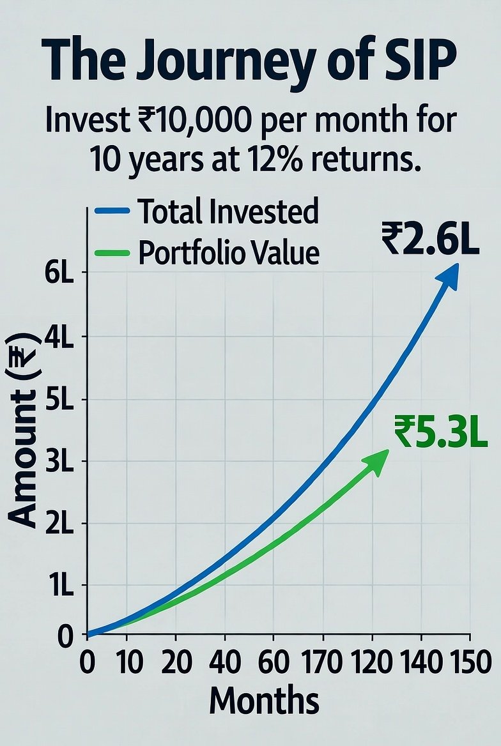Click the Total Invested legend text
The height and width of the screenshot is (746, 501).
pos(228,211)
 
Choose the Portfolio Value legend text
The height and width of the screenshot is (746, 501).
pos(228,253)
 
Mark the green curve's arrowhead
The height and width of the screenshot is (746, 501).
pos(378,460)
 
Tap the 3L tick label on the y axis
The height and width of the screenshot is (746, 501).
pos(59,461)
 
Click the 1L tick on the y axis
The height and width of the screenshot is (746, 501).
pos(61,585)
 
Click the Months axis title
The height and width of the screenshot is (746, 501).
pos(264,701)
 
